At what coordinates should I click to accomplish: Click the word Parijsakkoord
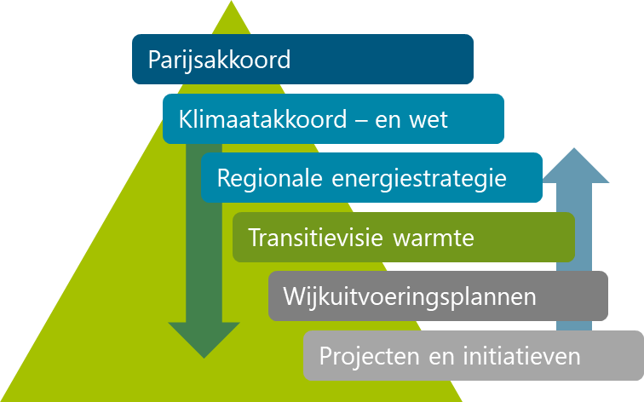pyautogui.click(x=219, y=60)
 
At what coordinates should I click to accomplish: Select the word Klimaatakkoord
pyautogui.click(x=263, y=119)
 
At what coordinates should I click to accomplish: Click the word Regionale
pyautogui.click(x=269, y=178)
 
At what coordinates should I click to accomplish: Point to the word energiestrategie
pyautogui.click(x=419, y=179)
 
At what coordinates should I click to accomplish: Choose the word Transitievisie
pyautogui.click(x=315, y=238)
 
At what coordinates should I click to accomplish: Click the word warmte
pyautogui.click(x=434, y=238)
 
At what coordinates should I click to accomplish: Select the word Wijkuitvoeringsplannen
pyautogui.click(x=410, y=297)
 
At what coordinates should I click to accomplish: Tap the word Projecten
pyautogui.click(x=369, y=356)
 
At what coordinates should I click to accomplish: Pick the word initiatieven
pyautogui.click(x=521, y=356)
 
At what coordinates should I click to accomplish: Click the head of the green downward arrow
pyautogui.click(x=204, y=340)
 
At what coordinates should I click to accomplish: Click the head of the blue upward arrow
pyautogui.click(x=574, y=165)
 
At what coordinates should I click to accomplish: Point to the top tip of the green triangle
pyautogui.click(x=231, y=1)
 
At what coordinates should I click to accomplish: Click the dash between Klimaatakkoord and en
pyautogui.click(x=360, y=121)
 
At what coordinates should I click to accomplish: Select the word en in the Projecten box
pyautogui.click(x=441, y=357)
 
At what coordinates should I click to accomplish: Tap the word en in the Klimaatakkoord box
pyautogui.click(x=388, y=121)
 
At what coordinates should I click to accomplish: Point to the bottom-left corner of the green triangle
pyautogui.click(x=1, y=401)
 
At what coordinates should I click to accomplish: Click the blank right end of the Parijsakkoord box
pyautogui.click(x=382, y=60)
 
